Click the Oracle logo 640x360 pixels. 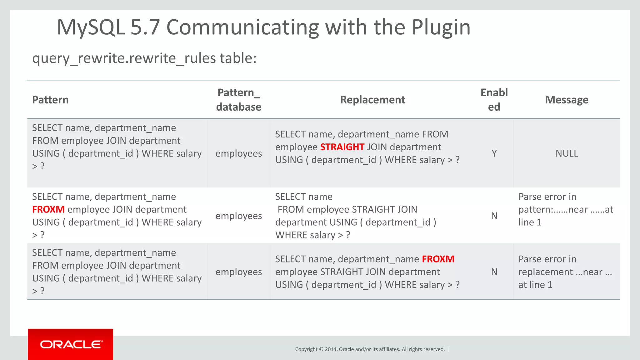[71, 344]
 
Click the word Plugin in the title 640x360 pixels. [441, 27]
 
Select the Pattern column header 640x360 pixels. [50, 100]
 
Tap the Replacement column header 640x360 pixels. [372, 100]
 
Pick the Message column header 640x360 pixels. [567, 100]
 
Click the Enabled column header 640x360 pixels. [494, 100]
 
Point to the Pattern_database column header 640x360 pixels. [239, 100]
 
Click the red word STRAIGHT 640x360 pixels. [342, 147]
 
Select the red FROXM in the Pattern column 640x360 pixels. [48, 209]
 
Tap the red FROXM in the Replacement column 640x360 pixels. [438, 259]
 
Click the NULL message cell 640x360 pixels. [567, 153]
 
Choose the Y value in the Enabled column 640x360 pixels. [494, 153]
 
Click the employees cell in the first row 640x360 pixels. [239, 153]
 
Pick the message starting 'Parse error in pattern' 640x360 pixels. [566, 209]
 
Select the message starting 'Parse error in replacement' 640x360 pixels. [565, 272]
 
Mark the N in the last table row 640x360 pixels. [494, 272]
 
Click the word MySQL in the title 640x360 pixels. [91, 27]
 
